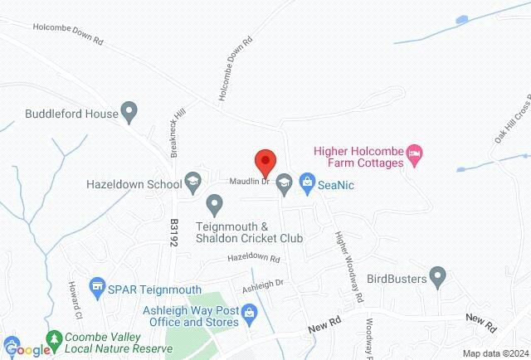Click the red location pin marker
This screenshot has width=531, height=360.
click(x=265, y=160)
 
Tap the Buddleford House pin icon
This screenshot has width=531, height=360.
click(x=129, y=109)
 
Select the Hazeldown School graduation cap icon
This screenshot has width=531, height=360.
click(x=193, y=180)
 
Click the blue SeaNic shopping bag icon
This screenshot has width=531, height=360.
click(x=306, y=180)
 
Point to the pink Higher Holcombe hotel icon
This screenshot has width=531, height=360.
click(x=417, y=152)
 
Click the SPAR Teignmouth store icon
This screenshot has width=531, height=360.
click(x=98, y=286)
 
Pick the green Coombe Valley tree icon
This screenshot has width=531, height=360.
click(x=56, y=339)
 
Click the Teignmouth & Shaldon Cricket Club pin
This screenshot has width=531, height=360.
click(x=215, y=202)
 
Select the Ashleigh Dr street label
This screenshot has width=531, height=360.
click(x=263, y=285)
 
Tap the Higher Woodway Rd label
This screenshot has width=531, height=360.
click(x=349, y=265)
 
